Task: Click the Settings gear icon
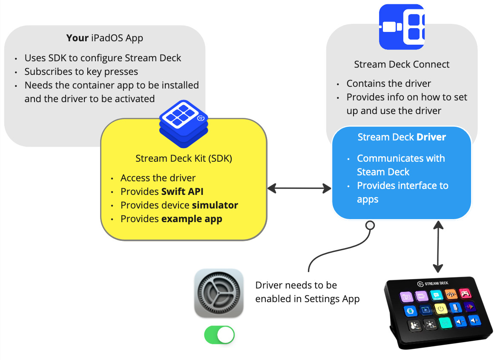218,293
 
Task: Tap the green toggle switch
219,335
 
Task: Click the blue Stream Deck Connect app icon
401,27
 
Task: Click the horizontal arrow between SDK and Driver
299,188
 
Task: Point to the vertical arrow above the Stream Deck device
438,246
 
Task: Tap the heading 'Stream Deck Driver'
402,137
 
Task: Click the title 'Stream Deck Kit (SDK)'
184,159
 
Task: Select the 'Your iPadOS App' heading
105,38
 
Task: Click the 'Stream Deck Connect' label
402,65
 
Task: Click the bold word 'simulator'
215,205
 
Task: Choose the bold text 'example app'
192,219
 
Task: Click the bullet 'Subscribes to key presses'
81,71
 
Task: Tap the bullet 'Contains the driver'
388,83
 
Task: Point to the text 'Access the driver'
158,178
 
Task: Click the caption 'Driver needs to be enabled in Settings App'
307,292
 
